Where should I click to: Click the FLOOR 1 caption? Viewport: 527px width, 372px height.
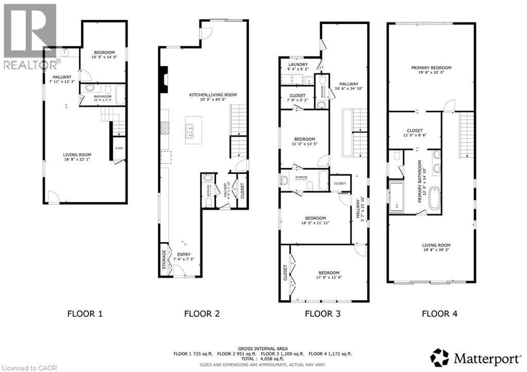click(x=85, y=313)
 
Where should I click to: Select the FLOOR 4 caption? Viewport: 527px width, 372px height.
click(x=439, y=313)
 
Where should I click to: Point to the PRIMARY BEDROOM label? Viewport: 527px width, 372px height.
click(x=431, y=68)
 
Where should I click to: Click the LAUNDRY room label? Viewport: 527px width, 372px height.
click(x=297, y=65)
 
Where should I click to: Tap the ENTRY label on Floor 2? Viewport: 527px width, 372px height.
click(x=184, y=255)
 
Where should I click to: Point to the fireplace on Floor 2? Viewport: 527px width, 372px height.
click(x=163, y=80)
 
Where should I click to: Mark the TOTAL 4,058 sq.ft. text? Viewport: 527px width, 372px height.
click(x=263, y=359)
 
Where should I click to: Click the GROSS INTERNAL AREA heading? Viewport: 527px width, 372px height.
click(x=263, y=348)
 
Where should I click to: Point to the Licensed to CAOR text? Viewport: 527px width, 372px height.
click(x=23, y=367)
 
